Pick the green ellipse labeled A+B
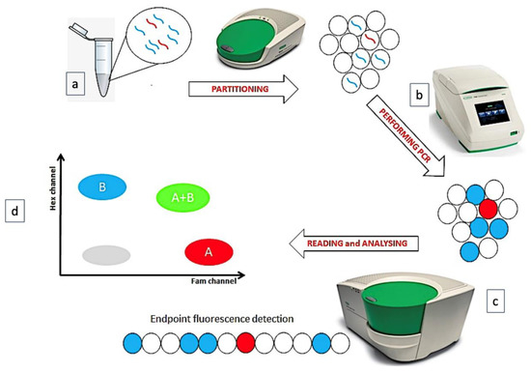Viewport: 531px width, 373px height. point(182,198)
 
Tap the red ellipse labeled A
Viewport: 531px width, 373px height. point(210,253)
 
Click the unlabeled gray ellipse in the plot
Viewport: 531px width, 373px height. point(103,253)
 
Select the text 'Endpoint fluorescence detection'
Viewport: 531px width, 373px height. point(229,320)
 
